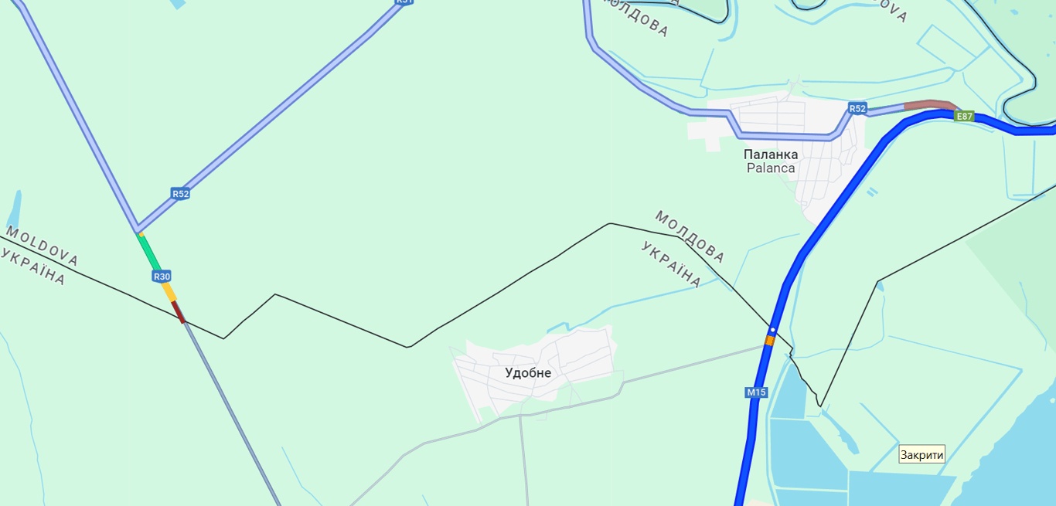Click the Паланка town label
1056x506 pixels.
770,155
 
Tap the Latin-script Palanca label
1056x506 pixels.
770,168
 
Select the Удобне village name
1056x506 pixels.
528,373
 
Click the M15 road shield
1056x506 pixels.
756,392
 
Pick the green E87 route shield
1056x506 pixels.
963,117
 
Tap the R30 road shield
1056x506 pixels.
162,276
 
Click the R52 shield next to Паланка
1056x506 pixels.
857,108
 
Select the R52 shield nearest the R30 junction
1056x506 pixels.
180,194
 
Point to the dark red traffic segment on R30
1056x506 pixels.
179,312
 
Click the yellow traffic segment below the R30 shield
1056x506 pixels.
169,292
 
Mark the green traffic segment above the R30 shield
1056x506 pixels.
148,250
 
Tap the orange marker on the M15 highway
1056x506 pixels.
769,341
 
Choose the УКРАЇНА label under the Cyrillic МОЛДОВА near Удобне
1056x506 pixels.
671,264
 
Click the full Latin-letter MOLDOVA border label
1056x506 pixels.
42,246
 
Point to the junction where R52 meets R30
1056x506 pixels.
138,230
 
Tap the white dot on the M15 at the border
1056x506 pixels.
772,330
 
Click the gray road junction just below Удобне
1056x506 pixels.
520,416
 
